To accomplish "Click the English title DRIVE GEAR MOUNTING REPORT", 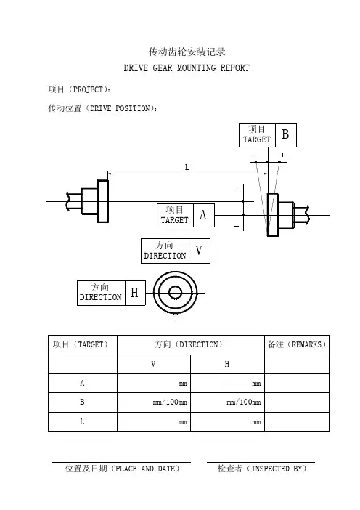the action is (x=187, y=68).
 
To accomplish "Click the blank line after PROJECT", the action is (x=218, y=94).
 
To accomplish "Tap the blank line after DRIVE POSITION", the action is (x=241, y=113).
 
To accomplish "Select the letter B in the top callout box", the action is (x=285, y=134).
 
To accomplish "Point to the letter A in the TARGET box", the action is (x=203, y=215).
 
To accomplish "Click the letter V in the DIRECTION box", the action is (x=199, y=250).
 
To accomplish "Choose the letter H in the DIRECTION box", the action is (x=134, y=293).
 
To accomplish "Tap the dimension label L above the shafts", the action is (x=187, y=168).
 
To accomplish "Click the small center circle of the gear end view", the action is (x=176, y=292).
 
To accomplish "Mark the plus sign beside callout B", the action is (x=282, y=155).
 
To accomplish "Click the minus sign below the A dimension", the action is (x=237, y=226).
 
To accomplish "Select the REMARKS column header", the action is (x=297, y=344).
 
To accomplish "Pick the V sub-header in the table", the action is (x=153, y=364).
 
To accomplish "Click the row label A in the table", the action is (x=82, y=383).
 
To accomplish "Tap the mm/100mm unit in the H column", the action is (x=244, y=402).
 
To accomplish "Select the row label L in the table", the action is (x=82, y=421).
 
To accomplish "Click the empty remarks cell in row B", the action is (x=297, y=402).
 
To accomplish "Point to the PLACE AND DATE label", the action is (x=122, y=469).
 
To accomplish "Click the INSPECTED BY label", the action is (x=262, y=469).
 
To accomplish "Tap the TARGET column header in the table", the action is (x=81, y=344).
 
